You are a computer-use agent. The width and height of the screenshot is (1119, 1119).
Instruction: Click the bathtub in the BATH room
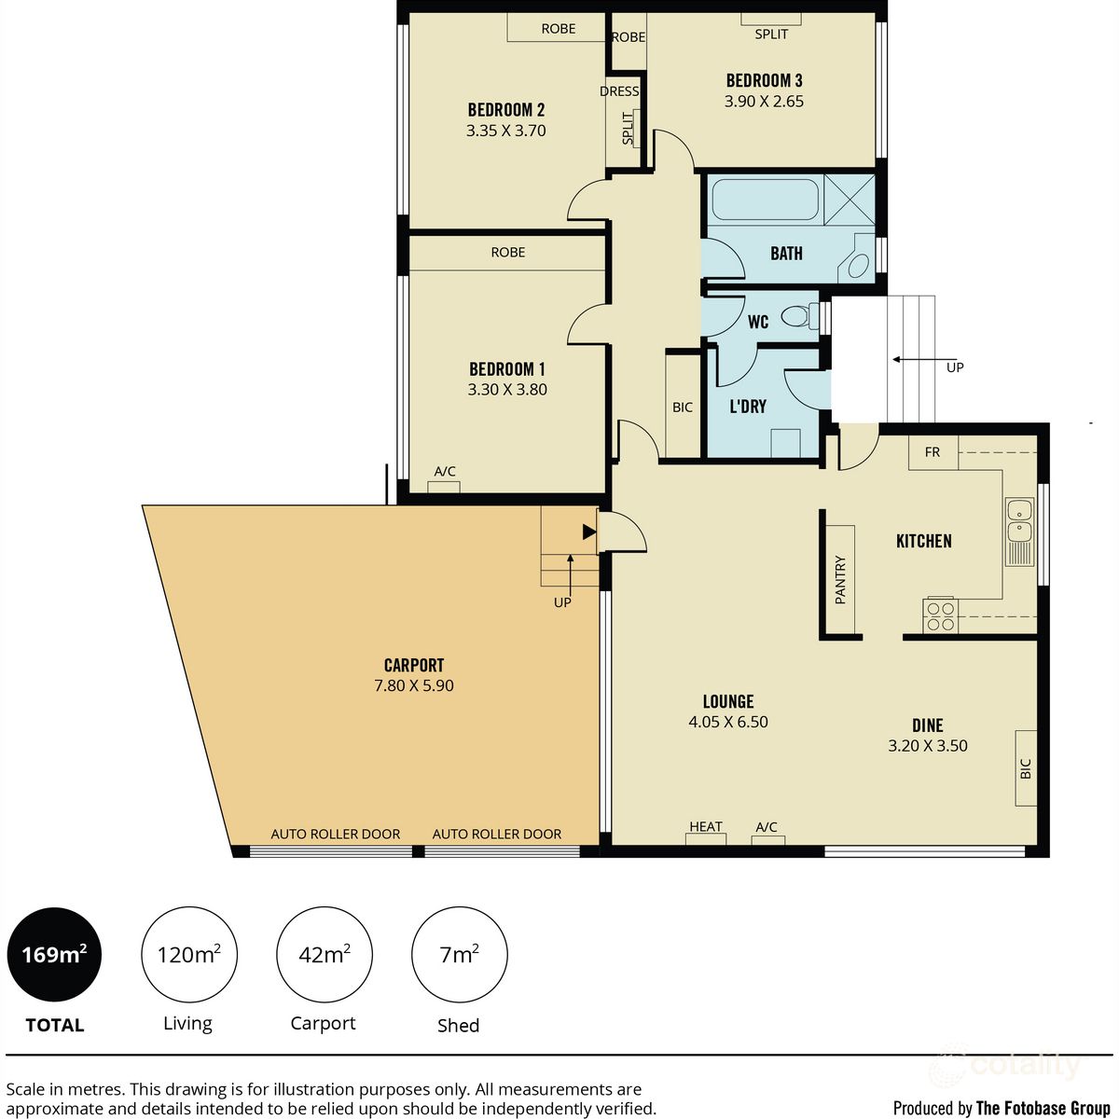pos(765,200)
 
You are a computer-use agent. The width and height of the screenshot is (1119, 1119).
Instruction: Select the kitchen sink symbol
pos(1018,532)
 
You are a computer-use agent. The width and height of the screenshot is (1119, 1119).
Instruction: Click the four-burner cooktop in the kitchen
pos(940,615)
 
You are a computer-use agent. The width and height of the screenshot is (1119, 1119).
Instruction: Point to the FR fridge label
pos(932,452)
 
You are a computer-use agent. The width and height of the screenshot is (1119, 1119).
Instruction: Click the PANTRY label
pos(840,579)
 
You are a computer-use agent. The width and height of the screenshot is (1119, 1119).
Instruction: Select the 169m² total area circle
pos(54,955)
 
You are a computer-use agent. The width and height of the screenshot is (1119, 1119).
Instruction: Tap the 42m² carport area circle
pos(324,955)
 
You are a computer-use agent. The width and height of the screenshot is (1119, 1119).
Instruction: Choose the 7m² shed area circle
pos(459,955)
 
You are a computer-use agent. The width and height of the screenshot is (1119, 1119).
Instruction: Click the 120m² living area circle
pos(188,955)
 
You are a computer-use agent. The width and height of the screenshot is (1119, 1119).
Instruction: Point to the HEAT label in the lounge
pos(706,827)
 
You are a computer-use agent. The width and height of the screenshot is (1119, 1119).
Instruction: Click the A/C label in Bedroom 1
pos(445,472)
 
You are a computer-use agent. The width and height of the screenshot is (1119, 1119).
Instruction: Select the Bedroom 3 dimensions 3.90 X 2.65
pos(764,102)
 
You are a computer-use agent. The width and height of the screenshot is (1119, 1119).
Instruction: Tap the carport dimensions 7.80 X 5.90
pos(413,685)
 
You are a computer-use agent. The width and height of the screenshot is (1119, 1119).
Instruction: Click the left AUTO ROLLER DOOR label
pos(336,834)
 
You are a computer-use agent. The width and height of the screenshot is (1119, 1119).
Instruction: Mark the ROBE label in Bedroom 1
pos(508,253)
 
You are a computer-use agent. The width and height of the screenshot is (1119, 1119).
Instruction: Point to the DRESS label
pos(619,91)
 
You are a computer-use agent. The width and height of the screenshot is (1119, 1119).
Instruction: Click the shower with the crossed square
pos(849,199)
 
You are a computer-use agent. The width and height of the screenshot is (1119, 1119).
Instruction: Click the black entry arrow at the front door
pos(588,532)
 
